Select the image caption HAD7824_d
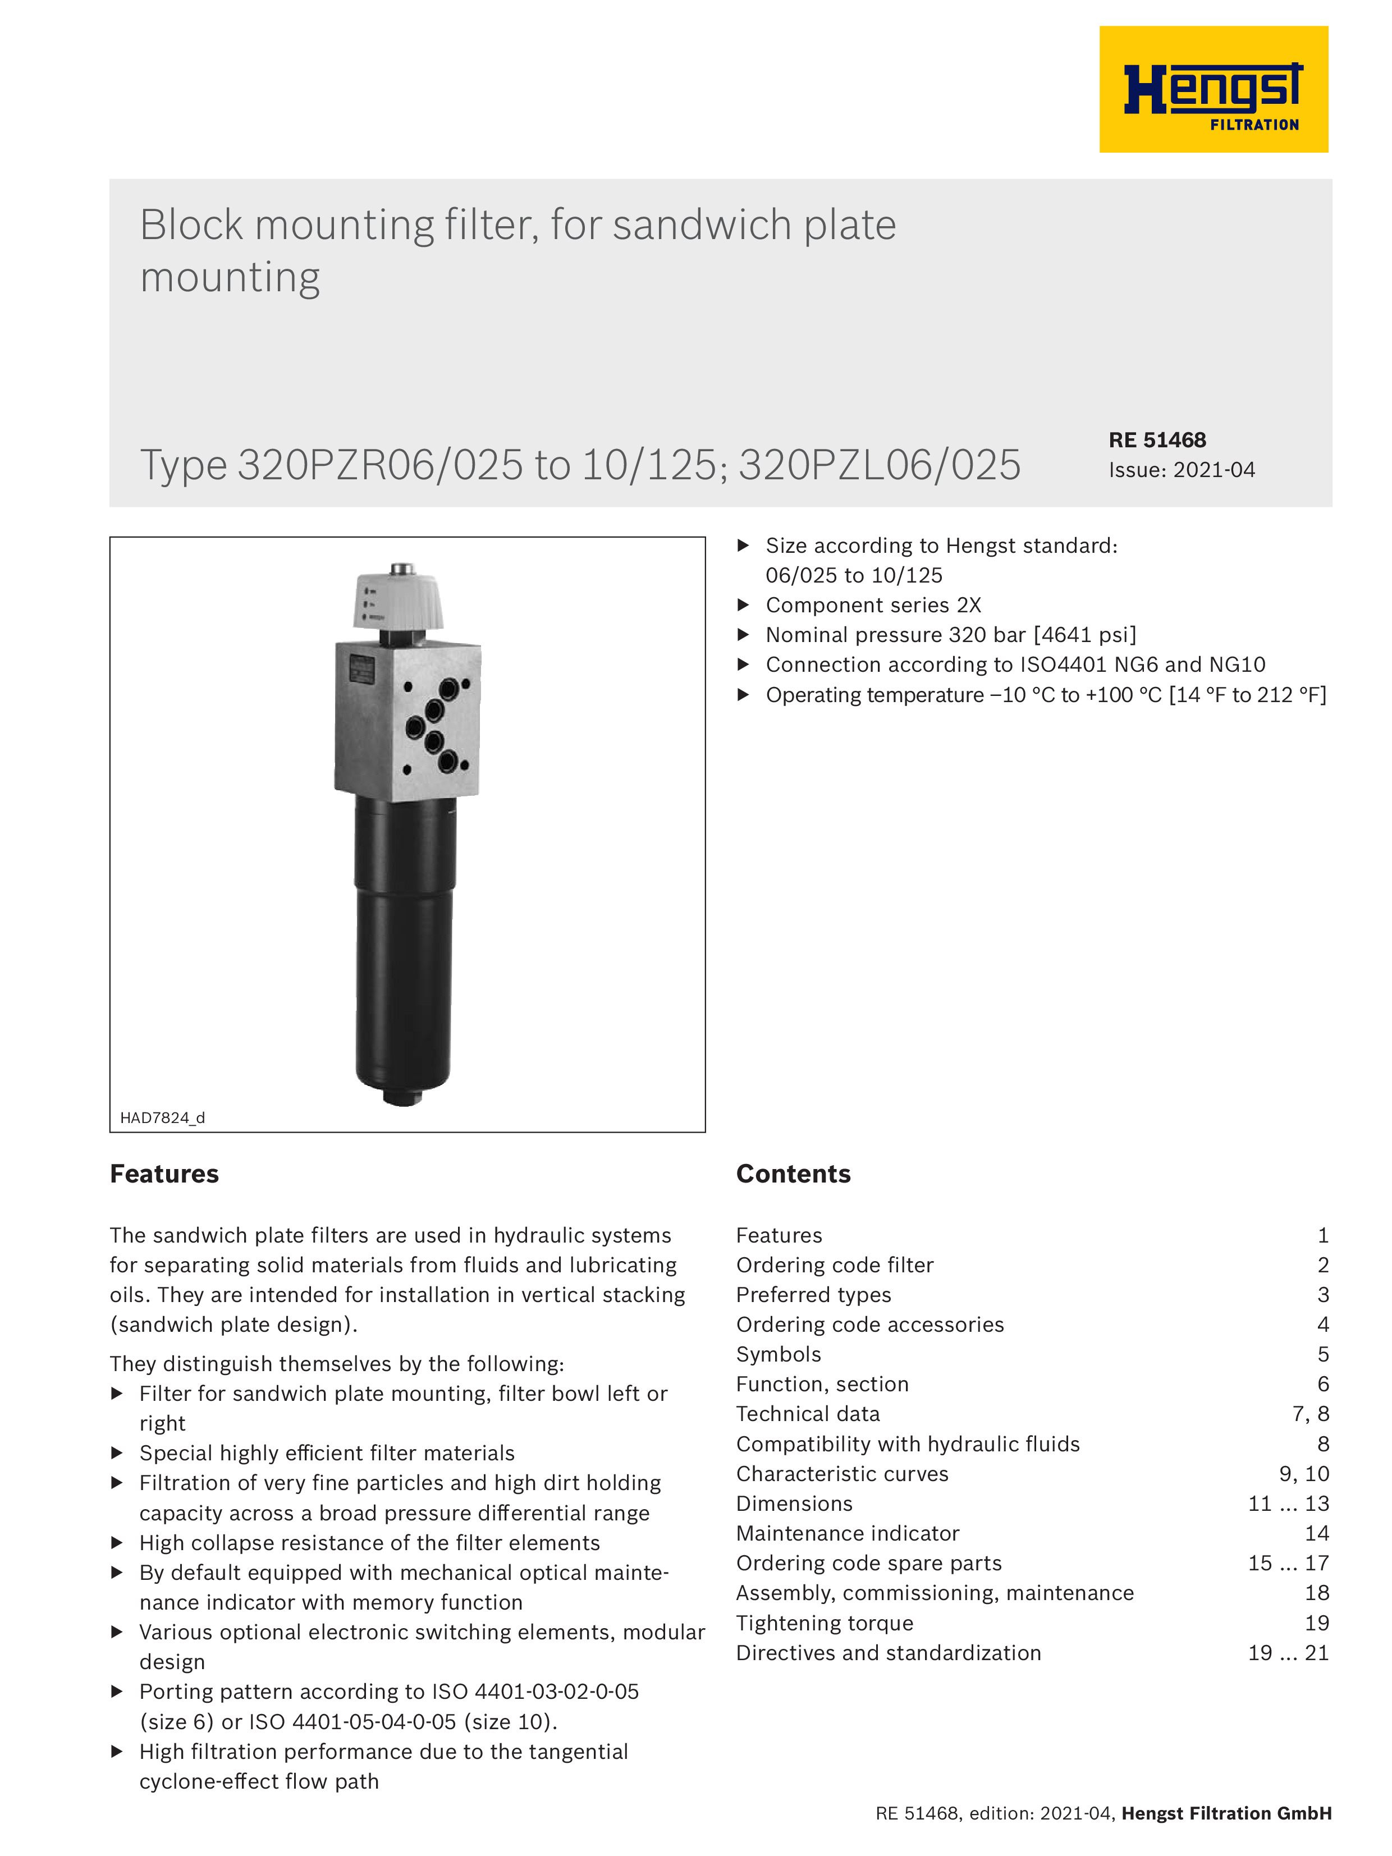click(162, 1117)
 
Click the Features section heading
click(164, 1174)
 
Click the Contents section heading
click(793, 1174)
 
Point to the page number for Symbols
click(1322, 1354)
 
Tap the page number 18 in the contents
click(1316, 1593)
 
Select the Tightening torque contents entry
click(824, 1623)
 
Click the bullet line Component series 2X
click(873, 605)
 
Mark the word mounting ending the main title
click(230, 278)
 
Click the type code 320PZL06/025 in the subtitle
click(880, 465)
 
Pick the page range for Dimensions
click(1288, 1504)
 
